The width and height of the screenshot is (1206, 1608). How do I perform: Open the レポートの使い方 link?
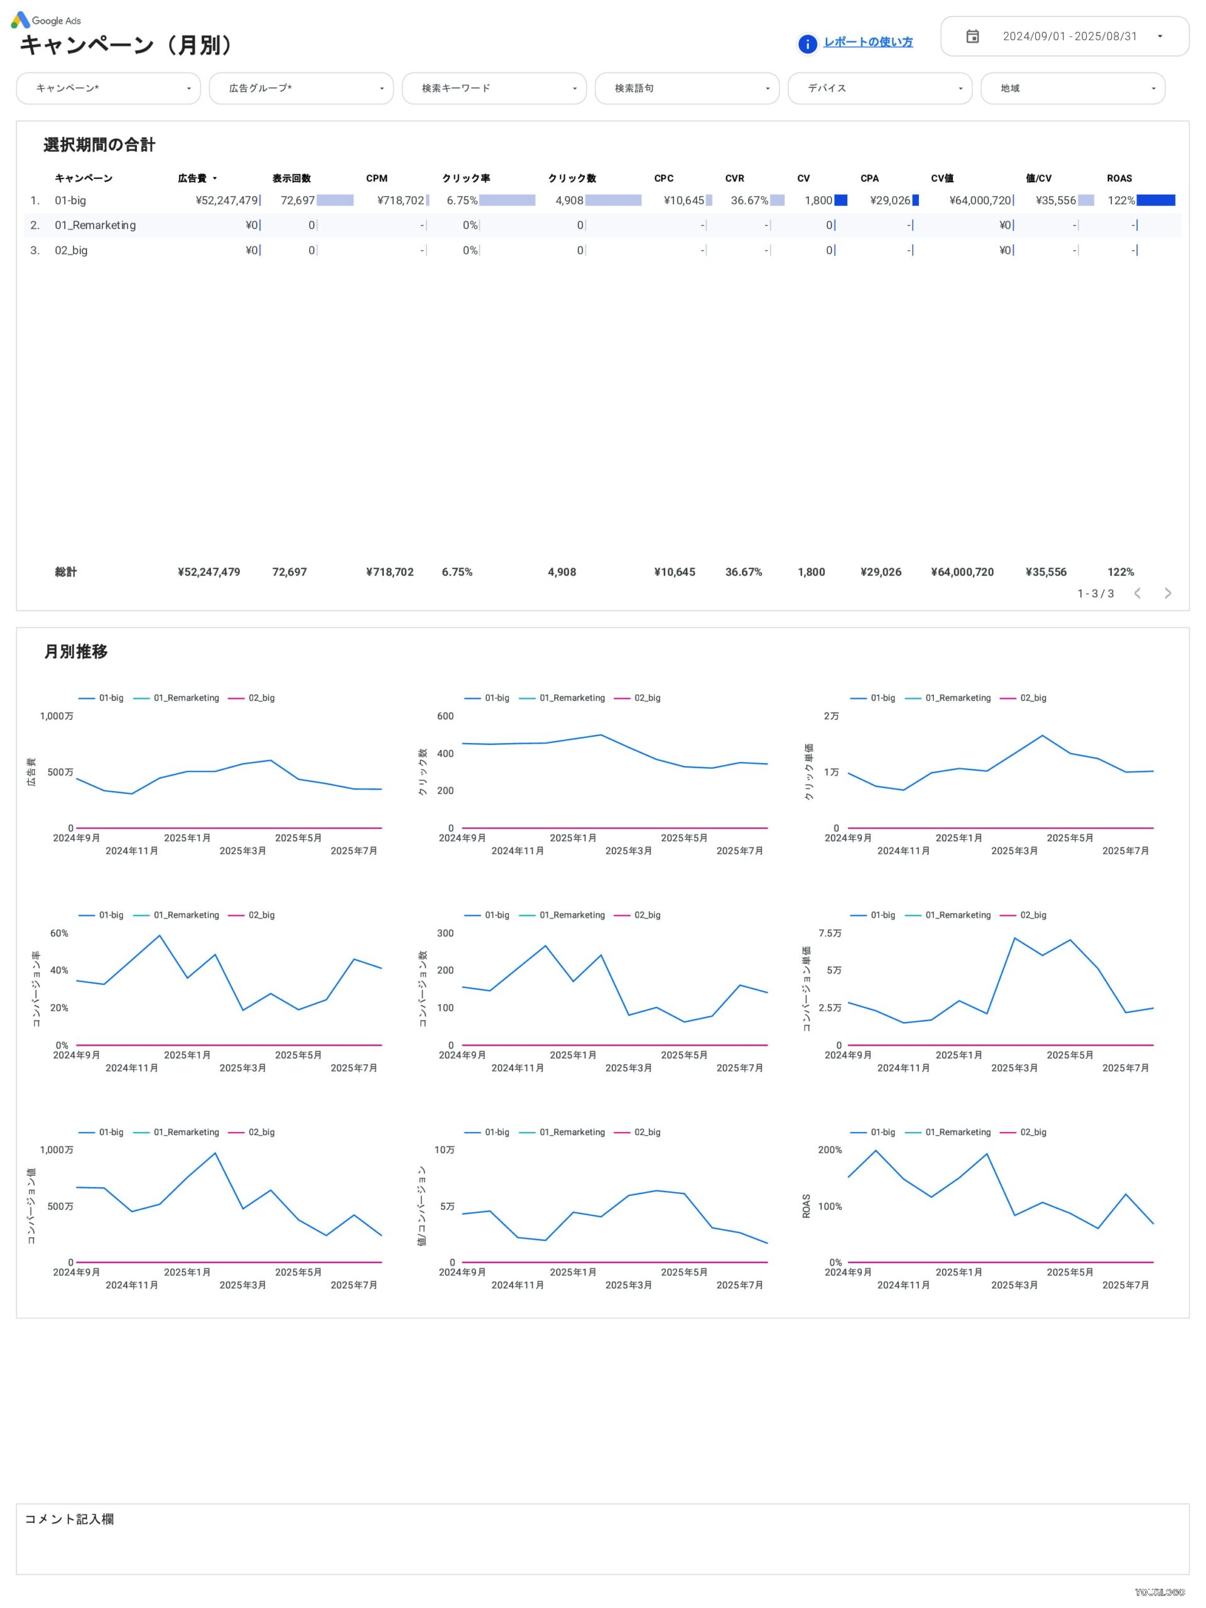[867, 42]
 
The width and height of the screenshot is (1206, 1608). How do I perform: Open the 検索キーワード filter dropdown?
[494, 88]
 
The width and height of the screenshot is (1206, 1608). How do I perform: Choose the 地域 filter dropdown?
[1072, 88]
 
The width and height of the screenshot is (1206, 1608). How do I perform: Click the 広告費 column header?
[193, 178]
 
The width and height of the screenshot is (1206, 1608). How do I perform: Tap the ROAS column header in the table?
[1119, 178]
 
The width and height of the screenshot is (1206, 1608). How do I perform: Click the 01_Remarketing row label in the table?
[95, 225]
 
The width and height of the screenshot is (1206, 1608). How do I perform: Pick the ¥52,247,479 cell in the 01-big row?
[226, 200]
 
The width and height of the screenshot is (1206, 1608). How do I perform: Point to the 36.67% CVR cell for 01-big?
[749, 200]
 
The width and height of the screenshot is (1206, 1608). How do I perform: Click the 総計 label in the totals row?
[65, 572]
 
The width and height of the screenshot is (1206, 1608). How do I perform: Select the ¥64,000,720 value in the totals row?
[962, 572]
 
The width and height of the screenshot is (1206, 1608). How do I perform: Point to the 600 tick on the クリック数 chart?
[445, 716]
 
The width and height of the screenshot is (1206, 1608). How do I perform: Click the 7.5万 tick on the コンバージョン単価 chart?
[830, 933]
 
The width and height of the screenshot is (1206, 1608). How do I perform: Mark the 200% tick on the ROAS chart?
[830, 1150]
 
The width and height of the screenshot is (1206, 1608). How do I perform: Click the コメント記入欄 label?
[69, 1519]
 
